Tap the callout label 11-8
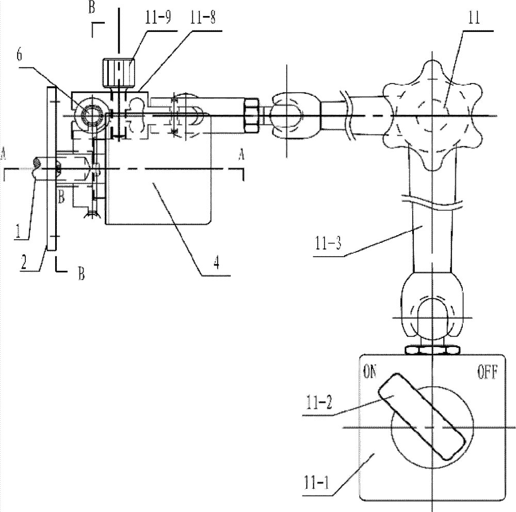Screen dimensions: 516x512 pyautogui.click(x=203, y=18)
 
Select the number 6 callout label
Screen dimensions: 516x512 pyautogui.click(x=20, y=55)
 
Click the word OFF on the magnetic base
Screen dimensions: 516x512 pyautogui.click(x=488, y=373)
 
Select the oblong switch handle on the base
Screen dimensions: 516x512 pyautogui.click(x=422, y=416)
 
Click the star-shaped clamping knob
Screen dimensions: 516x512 pyautogui.click(x=432, y=115)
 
